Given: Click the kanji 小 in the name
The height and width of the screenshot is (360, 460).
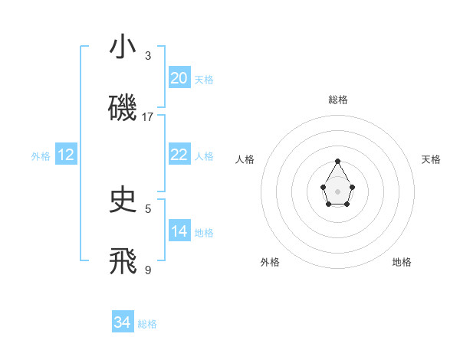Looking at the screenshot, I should tap(123, 47).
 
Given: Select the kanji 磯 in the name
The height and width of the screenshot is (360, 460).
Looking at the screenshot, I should tap(123, 109).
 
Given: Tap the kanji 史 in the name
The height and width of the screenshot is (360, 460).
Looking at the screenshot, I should tap(123, 200).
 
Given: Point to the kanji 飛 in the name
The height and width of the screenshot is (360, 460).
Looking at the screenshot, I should tap(123, 261).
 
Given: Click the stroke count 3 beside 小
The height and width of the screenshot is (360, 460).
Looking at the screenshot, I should tap(148, 56).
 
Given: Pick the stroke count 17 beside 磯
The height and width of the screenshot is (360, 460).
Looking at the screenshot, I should tap(148, 117).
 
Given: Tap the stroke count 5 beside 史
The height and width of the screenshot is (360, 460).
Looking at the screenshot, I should tap(148, 208).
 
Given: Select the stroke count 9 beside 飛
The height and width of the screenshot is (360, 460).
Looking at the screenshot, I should tap(148, 270).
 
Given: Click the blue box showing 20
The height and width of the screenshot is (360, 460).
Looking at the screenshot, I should tap(179, 78).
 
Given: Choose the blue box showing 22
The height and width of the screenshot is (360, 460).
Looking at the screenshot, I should tap(179, 155).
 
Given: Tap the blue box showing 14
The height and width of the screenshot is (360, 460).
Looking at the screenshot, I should tap(179, 231).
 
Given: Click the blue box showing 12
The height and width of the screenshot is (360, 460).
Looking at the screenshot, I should tap(66, 155).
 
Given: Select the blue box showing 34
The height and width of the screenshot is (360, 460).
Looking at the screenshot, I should tap(123, 323).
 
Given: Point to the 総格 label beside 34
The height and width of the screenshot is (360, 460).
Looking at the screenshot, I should tap(147, 325).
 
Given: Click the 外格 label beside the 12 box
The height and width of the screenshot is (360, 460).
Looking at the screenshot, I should tap(41, 156).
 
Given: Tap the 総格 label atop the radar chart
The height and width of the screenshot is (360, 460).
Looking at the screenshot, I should tap(337, 100).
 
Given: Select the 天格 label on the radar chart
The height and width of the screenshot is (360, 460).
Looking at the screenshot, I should tap(431, 159).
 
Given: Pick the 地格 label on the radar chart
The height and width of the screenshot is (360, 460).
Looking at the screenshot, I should tap(402, 262).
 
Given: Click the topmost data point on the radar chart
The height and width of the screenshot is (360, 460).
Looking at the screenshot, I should tap(337, 161).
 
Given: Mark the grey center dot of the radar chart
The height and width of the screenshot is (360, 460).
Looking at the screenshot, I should tap(337, 190).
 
